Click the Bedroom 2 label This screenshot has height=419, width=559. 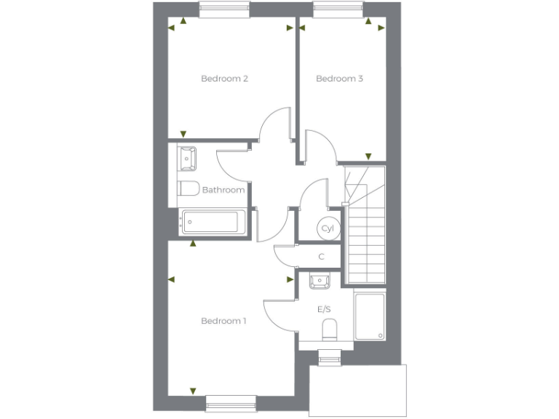(x=225, y=79)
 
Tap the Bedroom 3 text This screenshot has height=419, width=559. (x=339, y=79)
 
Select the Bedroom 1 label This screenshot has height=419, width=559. (x=224, y=321)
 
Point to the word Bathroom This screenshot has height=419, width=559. (x=223, y=190)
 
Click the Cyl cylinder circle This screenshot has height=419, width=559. (x=327, y=228)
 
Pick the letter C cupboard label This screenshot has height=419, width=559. (x=322, y=256)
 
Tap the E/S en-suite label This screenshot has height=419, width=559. (x=325, y=309)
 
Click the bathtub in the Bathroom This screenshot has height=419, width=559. (x=210, y=221)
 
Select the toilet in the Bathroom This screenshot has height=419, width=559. (x=189, y=188)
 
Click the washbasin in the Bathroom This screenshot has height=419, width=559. (x=187, y=156)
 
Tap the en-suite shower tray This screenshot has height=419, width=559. (x=370, y=316)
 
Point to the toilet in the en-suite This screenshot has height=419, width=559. (x=329, y=328)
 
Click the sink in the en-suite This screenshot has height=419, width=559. (x=320, y=279)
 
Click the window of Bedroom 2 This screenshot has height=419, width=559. (x=225, y=9)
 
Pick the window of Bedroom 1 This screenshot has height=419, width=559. (x=231, y=402)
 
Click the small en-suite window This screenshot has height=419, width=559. (x=329, y=356)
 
